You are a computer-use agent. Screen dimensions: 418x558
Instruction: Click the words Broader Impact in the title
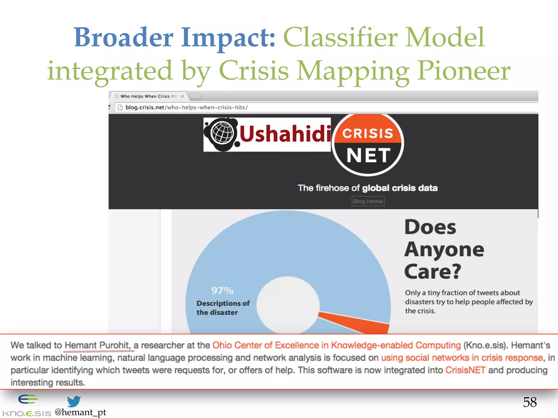pos(174,38)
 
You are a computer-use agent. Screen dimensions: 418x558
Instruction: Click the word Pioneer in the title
pos(464,71)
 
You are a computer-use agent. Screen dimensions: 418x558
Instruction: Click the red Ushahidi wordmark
pos(285,134)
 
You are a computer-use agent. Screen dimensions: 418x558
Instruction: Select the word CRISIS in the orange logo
pos(368,133)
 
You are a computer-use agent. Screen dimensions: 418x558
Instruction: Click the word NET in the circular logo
pos(368,156)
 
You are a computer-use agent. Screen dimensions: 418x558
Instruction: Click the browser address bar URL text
pos(186,107)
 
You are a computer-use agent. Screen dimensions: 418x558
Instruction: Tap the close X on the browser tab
pos(182,96)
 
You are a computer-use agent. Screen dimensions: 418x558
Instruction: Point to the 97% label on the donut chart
pos(222,291)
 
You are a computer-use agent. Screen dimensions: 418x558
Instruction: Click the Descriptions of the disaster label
pos(223,308)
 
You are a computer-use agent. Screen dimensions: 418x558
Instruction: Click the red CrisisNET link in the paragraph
pos(465,370)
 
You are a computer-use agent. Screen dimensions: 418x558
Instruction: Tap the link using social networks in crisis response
pos(462,358)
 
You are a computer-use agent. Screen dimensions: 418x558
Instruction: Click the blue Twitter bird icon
pos(74,401)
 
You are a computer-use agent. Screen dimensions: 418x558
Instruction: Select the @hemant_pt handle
pos(80,412)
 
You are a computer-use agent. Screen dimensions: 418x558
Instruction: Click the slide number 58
pos(529,402)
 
